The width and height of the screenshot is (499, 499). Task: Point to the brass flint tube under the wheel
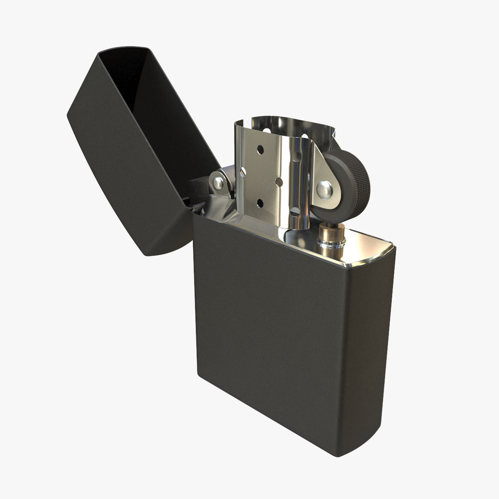(332, 240)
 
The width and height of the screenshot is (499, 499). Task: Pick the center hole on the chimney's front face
(279, 183)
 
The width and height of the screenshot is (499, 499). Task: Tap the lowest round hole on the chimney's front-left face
(260, 203)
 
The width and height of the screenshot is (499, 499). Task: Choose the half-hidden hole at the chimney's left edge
(243, 171)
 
